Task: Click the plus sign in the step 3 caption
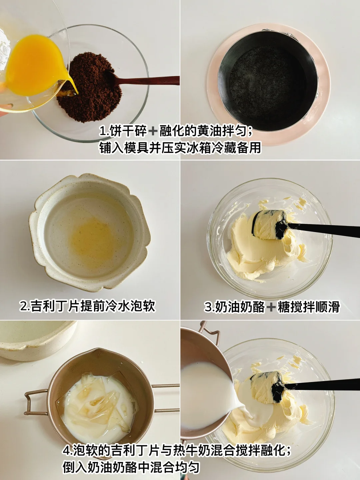coord(271,307)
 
